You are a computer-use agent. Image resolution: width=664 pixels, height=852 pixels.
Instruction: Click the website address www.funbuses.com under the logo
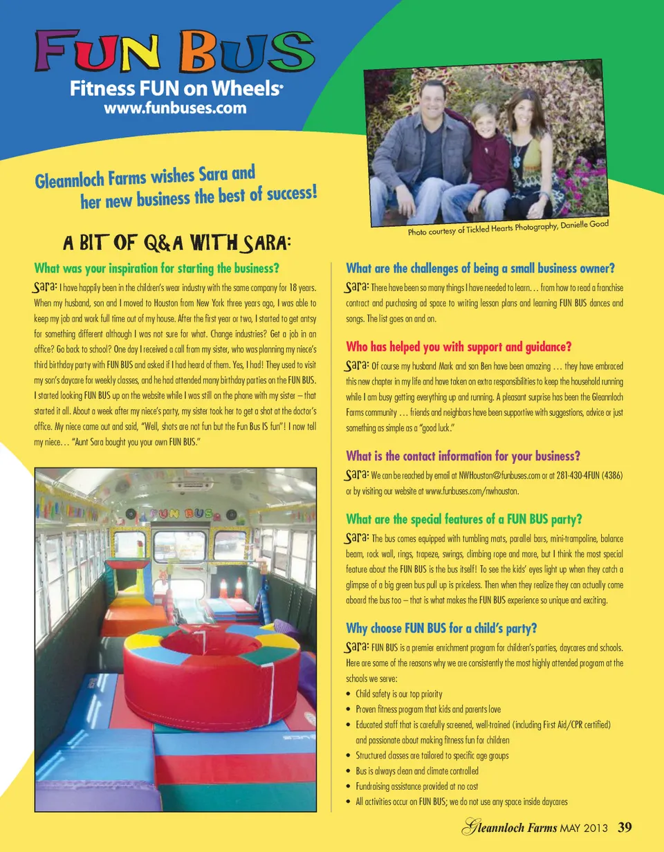174,108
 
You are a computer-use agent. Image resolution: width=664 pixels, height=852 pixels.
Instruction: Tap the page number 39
625,827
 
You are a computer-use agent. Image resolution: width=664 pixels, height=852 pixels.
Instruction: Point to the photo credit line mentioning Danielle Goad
508,225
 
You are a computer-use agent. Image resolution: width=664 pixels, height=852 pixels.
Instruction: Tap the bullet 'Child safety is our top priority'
398,694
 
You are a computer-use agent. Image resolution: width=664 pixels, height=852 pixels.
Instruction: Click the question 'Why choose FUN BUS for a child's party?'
442,628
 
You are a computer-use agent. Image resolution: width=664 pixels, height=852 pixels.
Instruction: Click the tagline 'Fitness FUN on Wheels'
176,89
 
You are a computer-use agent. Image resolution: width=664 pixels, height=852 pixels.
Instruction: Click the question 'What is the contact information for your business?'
462,456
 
